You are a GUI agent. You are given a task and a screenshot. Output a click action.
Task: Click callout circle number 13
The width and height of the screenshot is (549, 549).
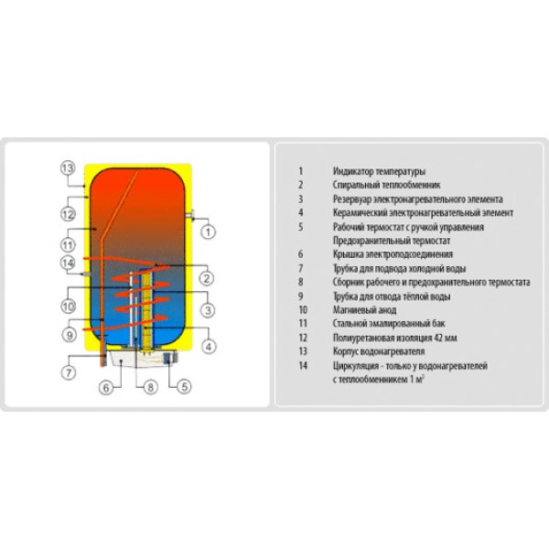68,168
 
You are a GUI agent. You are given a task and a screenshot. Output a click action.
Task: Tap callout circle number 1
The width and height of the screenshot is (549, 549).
208,231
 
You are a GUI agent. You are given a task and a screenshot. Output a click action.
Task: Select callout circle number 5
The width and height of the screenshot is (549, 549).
184,386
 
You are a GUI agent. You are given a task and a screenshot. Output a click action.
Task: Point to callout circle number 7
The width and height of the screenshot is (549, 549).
69,372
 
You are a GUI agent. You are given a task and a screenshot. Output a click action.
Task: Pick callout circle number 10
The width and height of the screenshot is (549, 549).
69,307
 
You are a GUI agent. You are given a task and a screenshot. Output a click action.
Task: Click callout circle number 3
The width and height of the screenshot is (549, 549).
208,310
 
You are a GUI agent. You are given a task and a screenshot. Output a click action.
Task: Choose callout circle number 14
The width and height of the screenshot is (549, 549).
68,263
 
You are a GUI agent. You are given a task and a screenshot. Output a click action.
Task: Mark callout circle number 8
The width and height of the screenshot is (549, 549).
151,387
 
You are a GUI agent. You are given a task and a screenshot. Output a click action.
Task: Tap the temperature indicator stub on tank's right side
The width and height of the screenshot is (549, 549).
191,215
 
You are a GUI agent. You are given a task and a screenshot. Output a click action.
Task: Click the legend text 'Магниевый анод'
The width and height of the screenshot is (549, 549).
364,310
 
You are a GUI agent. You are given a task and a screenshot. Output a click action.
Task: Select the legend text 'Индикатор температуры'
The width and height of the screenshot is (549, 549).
379,172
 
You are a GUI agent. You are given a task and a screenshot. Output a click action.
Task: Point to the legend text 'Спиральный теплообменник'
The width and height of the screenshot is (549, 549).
386,185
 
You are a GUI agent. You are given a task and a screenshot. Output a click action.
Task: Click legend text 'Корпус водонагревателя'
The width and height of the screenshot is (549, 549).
379,351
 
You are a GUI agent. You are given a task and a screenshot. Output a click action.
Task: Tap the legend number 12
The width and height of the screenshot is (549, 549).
303,338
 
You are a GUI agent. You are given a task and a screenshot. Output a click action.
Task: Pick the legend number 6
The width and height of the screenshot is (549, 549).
300,254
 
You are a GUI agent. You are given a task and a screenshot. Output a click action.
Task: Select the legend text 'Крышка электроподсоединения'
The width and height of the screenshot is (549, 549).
393,254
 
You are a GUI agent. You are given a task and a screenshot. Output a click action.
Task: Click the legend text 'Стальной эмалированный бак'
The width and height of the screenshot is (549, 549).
389,324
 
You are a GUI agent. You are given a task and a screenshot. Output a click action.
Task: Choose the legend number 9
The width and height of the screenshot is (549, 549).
300,296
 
